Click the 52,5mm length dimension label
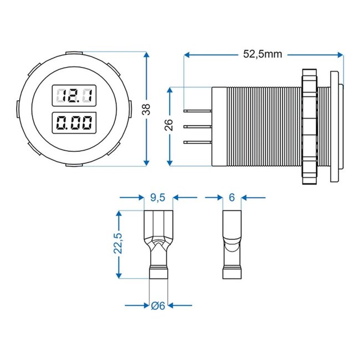(x=263, y=54)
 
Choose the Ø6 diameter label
(x=158, y=305)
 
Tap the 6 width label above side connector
(x=232, y=197)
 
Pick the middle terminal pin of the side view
(x=198, y=127)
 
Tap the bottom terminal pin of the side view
(x=198, y=143)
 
